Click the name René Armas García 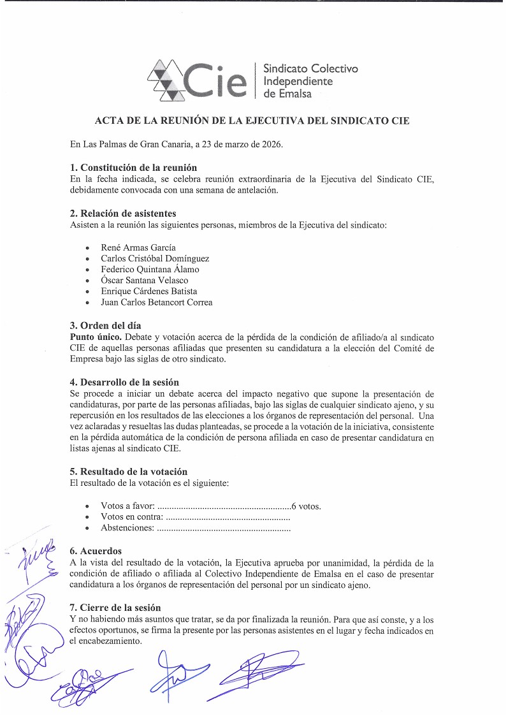(138, 247)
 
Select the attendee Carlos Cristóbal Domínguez (155, 258)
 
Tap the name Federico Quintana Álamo (150, 269)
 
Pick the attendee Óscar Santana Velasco (145, 280)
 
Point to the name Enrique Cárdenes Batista (149, 291)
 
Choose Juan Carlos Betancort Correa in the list (157, 302)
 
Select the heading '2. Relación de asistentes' (123, 213)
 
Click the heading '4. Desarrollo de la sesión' (124, 382)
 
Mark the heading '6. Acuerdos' (96, 551)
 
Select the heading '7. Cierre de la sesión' (115, 608)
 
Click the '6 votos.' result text (306, 506)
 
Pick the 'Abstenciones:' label (127, 528)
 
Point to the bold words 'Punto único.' (96, 336)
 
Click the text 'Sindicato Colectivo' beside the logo (310, 69)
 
